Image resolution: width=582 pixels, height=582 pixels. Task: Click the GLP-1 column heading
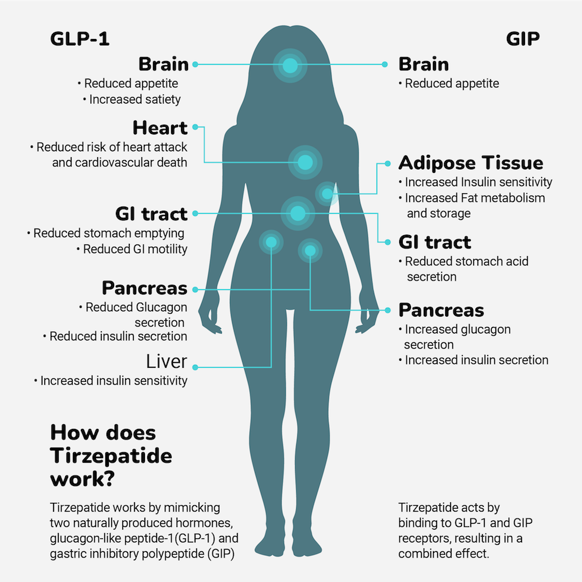[x=80, y=39]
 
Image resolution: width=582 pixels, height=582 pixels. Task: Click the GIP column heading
[x=523, y=39]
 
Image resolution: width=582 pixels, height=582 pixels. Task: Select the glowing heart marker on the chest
[x=305, y=161]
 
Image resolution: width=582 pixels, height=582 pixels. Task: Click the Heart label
[x=160, y=127]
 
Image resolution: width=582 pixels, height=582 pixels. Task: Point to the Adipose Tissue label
[x=471, y=163]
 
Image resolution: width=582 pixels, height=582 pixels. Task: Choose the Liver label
[x=166, y=361]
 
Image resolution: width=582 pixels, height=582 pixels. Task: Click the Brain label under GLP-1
[x=164, y=64]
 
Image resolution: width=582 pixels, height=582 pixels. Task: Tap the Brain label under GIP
[x=424, y=64]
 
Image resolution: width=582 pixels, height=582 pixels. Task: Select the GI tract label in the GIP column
[x=435, y=242]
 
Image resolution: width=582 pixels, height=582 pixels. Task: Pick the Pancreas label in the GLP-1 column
[x=145, y=288]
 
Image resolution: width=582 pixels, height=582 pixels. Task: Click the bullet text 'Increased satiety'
[x=135, y=100]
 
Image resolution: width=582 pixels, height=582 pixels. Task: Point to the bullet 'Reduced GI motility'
[x=135, y=249]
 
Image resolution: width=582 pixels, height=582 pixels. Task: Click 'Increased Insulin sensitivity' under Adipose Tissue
[x=478, y=182]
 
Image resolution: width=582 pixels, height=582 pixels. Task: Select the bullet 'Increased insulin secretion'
[x=477, y=360]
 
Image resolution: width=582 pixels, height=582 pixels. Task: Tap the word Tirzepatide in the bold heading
[x=111, y=455]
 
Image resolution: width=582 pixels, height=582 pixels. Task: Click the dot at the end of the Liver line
[x=196, y=367]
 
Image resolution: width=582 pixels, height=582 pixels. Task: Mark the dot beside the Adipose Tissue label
[x=385, y=164]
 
